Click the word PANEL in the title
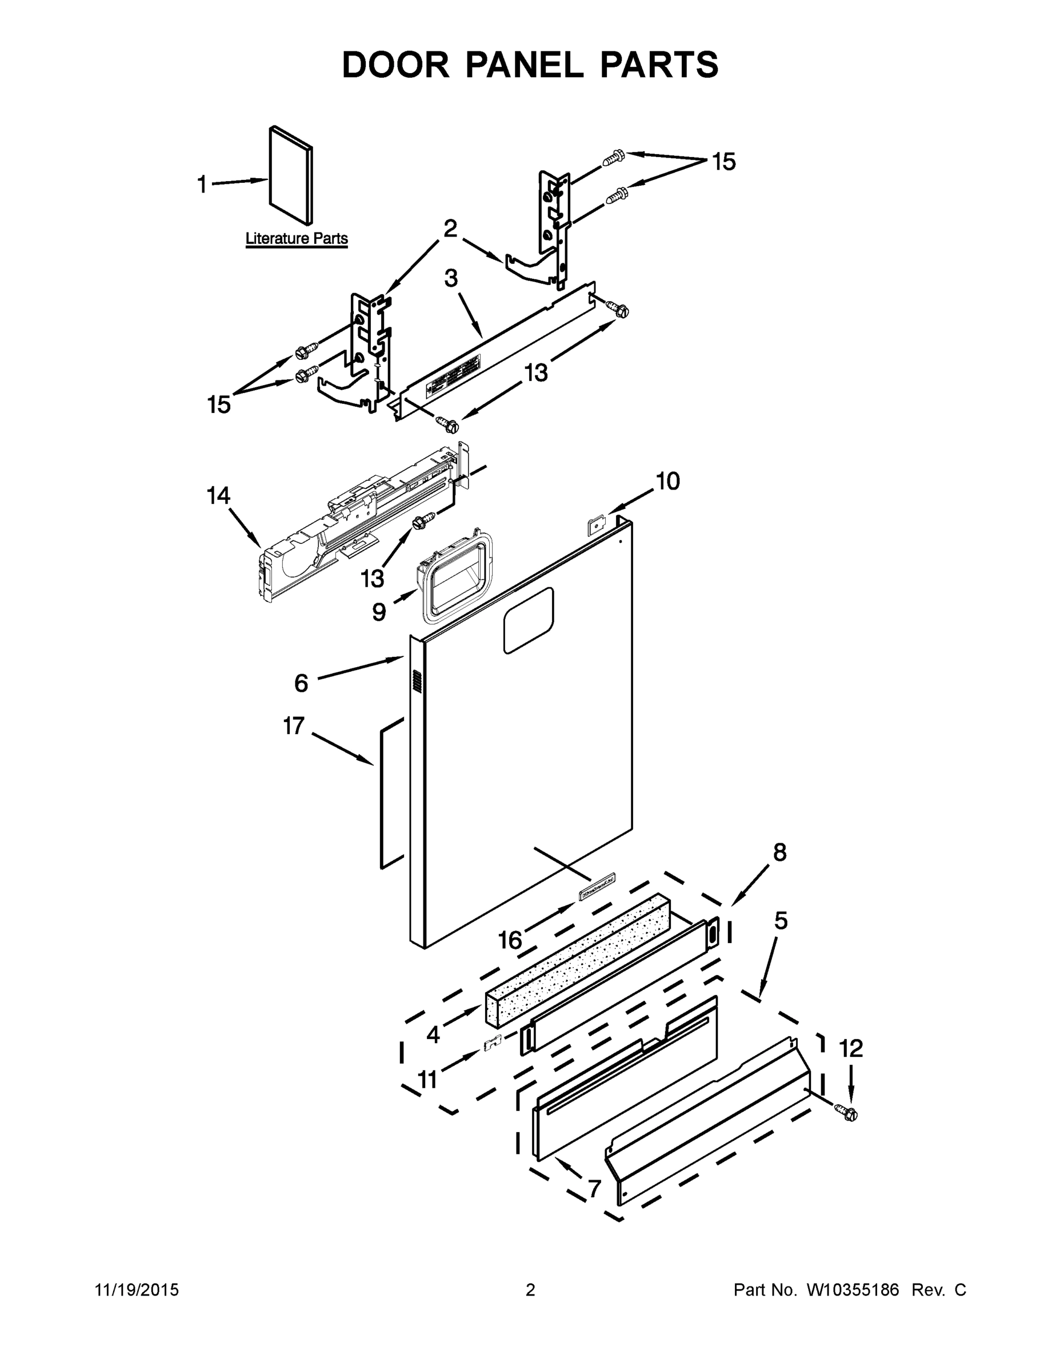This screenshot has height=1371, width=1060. point(524,65)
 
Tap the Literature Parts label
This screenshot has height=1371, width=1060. point(296,239)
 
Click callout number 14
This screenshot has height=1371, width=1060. point(218,496)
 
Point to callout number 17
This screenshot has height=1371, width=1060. point(293,726)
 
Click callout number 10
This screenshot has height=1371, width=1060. point(667,482)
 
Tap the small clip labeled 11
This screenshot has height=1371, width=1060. point(494,1042)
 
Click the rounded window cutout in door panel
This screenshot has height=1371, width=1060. point(528,620)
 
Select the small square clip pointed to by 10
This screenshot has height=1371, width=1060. point(595,522)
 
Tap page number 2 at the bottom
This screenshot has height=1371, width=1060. point(530,1289)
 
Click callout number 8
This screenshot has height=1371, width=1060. point(779,852)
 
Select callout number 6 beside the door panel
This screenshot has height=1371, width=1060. point(301,683)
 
